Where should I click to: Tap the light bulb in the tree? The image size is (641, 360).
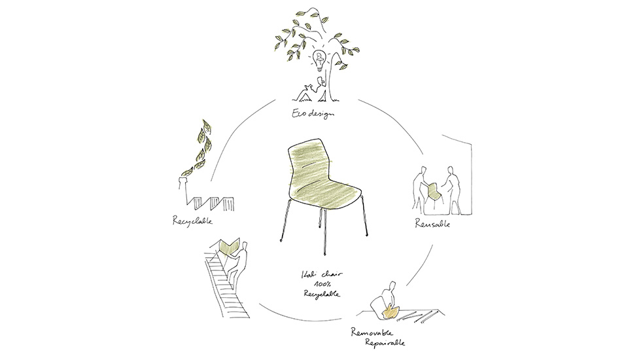click(320, 61)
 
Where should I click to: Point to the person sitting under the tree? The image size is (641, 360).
click(311, 90)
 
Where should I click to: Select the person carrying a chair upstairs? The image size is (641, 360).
click(239, 262)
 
